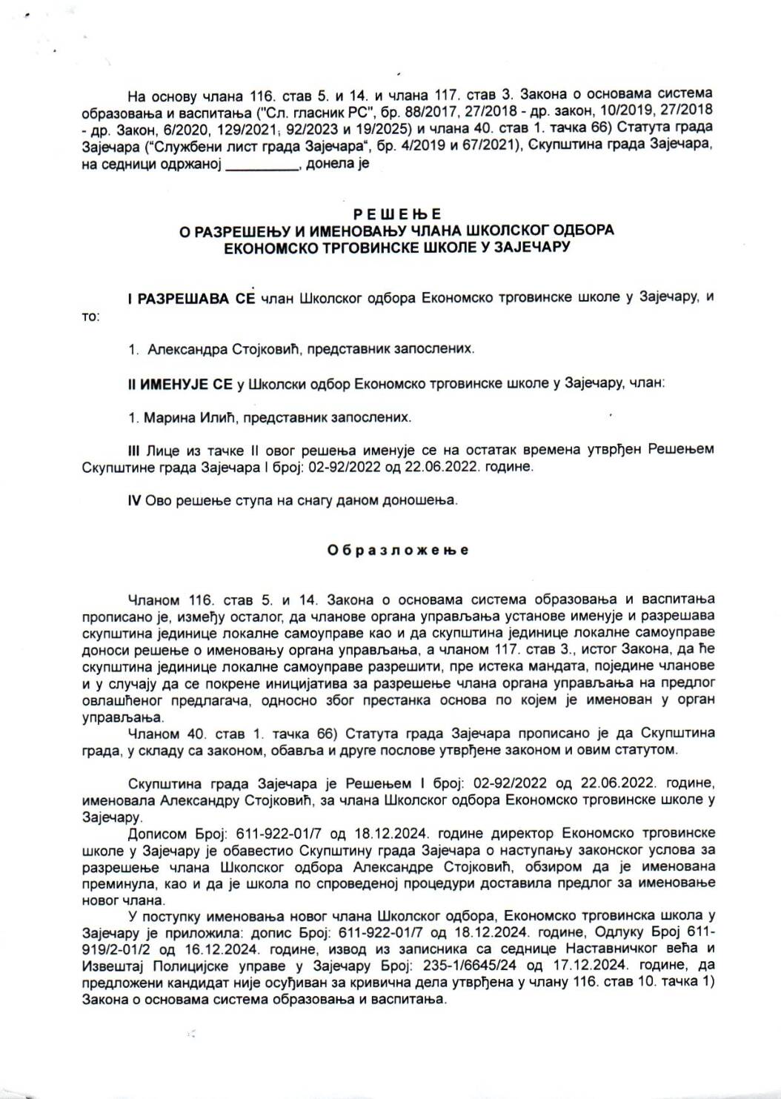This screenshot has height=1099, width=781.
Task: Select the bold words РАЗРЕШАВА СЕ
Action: click(x=192, y=298)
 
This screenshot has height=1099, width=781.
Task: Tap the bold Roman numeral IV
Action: click(x=135, y=500)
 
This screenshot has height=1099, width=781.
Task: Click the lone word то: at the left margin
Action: click(x=90, y=316)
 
